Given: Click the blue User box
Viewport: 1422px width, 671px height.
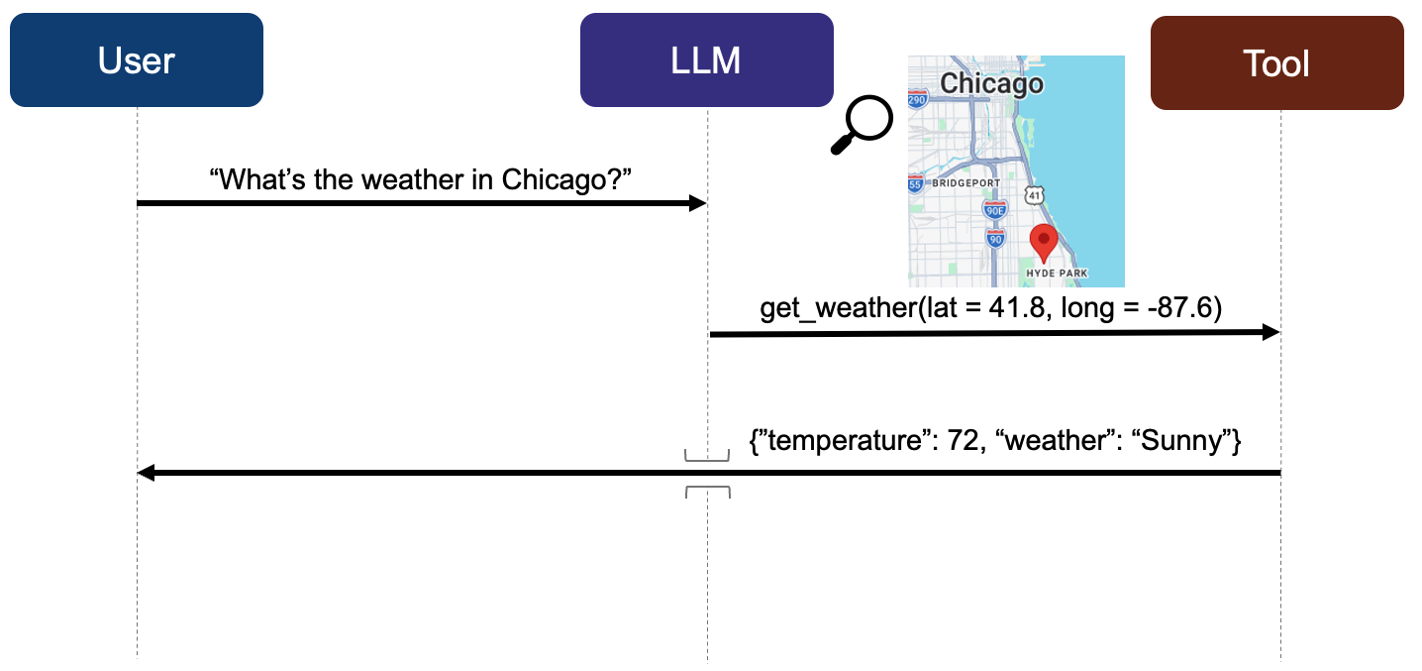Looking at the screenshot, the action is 137,59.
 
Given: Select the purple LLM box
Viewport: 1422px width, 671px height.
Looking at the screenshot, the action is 707,59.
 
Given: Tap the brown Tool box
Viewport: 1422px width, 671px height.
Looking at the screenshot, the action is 1277,62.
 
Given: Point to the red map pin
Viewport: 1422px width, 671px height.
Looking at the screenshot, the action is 1044,243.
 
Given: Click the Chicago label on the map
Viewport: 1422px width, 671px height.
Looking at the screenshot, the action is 991,84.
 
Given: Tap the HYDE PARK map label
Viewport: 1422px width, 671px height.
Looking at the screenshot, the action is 1057,274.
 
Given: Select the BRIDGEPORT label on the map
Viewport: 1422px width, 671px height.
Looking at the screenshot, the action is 966,183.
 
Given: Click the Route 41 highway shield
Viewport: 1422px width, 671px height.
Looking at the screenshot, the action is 1035,195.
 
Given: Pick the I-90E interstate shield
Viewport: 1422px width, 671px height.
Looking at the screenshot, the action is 995,210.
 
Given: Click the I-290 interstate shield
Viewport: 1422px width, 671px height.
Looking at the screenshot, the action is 917,99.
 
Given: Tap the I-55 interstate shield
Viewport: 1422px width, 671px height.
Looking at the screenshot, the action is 915,183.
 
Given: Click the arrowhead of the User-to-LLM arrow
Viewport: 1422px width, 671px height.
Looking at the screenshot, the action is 698,203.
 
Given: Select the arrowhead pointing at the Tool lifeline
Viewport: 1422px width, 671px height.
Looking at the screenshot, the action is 1270,332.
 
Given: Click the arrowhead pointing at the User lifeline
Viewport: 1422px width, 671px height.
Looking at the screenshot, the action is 146,473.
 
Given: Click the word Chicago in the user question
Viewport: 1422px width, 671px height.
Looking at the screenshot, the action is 550,179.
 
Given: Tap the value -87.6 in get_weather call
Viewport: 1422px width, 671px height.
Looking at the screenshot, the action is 1180,307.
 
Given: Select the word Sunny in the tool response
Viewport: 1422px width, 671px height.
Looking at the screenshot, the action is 1180,441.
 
